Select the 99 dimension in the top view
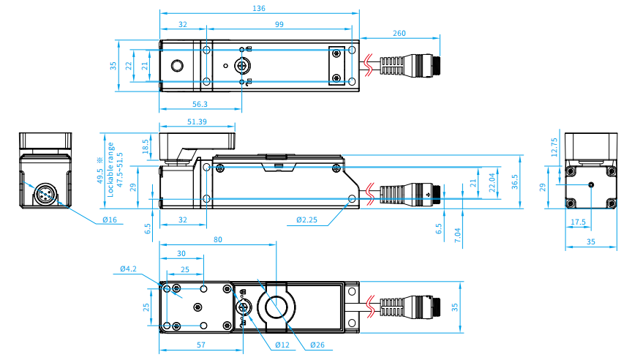pos(280,25)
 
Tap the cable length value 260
pos(399,33)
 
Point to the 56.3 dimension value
pos(199,104)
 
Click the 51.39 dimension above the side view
pos(197,121)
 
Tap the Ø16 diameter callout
pos(110,220)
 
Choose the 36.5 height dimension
pos(515,181)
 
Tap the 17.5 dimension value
pos(578,222)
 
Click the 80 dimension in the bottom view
pos(218,240)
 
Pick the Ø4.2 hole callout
pos(129,270)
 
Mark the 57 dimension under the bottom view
pos(199,345)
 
